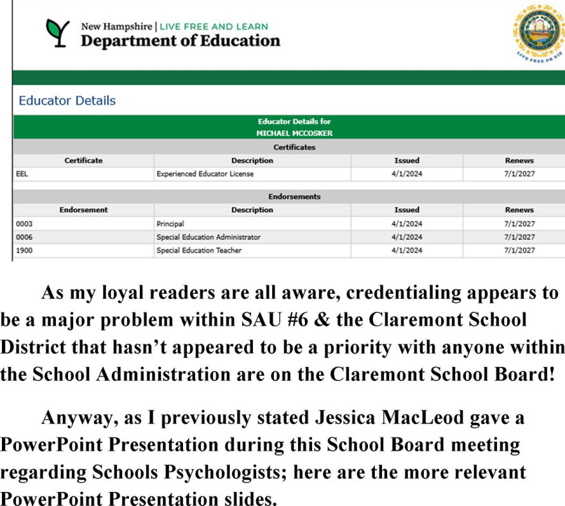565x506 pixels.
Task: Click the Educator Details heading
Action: (67, 101)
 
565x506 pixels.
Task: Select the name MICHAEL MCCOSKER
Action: (294, 133)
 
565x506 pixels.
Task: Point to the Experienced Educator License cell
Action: (205, 174)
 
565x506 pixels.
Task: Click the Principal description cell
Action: (170, 224)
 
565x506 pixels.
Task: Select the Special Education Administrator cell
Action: (208, 237)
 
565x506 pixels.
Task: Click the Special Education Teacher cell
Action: (199, 251)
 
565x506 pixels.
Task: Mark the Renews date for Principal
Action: (519, 224)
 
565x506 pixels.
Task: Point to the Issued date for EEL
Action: (406, 174)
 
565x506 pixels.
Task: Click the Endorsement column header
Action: (83, 210)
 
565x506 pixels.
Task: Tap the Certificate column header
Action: (83, 160)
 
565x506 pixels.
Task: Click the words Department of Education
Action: (180, 41)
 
